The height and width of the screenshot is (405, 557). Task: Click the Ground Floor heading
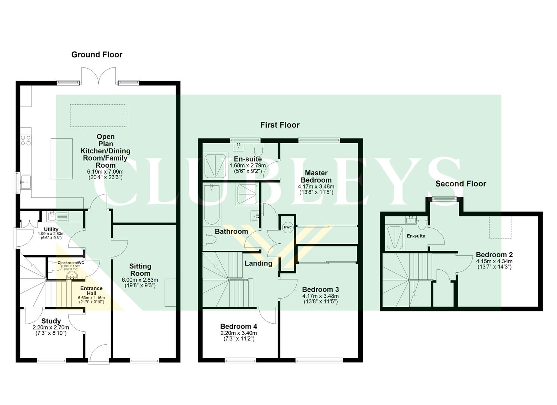coord(97,55)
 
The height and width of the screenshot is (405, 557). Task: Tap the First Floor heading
coord(280,125)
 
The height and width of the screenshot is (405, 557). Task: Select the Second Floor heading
coord(460,184)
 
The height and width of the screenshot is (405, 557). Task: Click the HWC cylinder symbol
coord(287,227)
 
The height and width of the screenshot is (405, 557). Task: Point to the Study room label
coord(51,321)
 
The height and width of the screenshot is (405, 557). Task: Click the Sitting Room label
coord(140,270)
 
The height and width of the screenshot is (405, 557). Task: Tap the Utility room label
coord(51,229)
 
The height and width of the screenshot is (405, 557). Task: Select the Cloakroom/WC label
coord(71,262)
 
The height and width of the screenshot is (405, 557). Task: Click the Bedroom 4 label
coord(239,326)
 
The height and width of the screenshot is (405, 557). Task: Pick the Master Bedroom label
coord(316,176)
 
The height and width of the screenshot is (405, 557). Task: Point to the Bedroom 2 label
coord(494,255)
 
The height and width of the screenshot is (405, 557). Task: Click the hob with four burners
coord(26,140)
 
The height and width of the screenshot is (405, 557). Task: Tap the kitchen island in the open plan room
coord(62,159)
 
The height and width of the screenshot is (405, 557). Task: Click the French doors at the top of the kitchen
coord(99,76)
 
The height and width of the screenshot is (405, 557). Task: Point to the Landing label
coord(258,263)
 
